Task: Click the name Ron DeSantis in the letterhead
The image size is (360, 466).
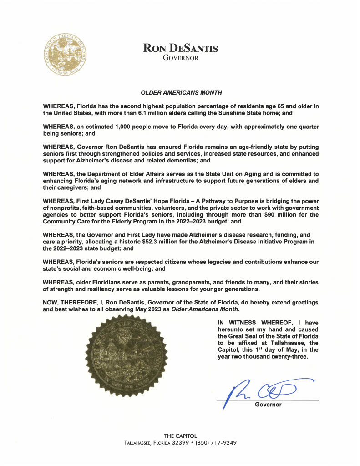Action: [181, 48]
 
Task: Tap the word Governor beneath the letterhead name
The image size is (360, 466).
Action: [181, 58]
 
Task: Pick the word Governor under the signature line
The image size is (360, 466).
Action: [268, 404]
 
